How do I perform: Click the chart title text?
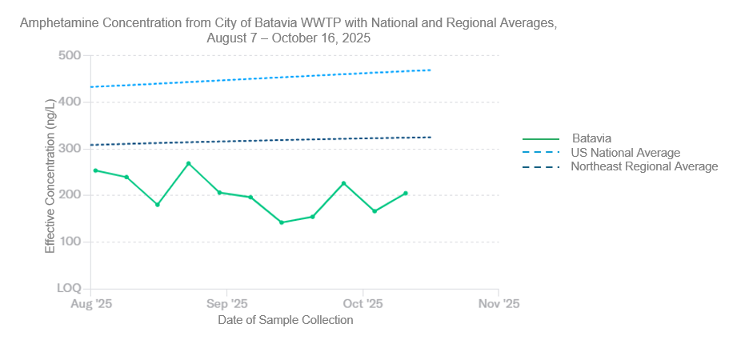click(288, 30)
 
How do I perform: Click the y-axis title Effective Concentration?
click(50, 176)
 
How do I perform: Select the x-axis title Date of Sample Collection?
click(285, 320)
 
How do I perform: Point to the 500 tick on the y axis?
click(70, 55)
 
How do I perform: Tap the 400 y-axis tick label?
click(70, 102)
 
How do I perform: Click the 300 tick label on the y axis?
click(70, 149)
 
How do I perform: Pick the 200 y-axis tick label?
click(70, 195)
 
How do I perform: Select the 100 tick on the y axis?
click(70, 242)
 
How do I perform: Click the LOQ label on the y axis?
click(69, 288)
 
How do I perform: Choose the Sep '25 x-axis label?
click(227, 304)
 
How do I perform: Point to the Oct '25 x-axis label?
click(363, 304)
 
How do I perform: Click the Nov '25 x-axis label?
click(499, 304)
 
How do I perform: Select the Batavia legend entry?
click(591, 138)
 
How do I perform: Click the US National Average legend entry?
click(625, 153)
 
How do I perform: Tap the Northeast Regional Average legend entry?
click(644, 166)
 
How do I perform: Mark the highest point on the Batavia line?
click(188, 163)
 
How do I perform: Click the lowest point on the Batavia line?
click(282, 222)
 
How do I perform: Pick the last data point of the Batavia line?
click(406, 193)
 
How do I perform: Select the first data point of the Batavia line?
click(95, 170)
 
